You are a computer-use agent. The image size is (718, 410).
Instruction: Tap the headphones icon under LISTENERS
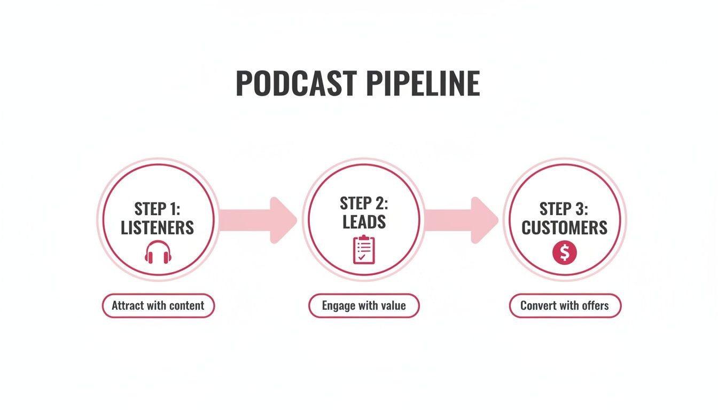pos(158,252)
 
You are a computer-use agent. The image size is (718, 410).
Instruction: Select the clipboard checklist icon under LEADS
pos(364,249)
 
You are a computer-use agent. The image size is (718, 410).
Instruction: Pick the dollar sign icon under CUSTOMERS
pos(565,252)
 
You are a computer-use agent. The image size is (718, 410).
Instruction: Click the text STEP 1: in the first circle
pos(158,208)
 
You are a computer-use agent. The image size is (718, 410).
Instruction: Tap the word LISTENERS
pos(158,228)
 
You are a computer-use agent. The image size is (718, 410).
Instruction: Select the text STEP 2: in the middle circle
pos(364,203)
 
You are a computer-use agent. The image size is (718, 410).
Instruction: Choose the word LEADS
pos(364,222)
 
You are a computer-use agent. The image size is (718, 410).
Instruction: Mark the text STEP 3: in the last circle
pos(565,208)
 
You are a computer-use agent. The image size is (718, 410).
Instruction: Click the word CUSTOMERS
pos(565,228)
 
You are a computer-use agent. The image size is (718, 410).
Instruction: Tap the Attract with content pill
pos(158,306)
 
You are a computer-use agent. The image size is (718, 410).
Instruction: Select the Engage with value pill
pos(364,306)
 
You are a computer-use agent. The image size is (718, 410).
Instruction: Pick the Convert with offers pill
pos(565,306)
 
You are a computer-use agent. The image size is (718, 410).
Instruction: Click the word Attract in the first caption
pos(127,306)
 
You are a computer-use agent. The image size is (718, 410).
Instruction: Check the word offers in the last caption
pos(595,306)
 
